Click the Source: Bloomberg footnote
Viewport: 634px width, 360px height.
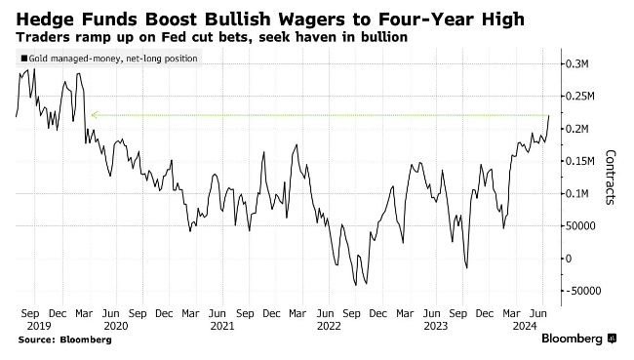[x=63, y=340]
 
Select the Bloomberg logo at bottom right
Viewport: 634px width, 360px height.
[x=572, y=339]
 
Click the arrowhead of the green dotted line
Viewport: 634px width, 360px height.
[x=92, y=115]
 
